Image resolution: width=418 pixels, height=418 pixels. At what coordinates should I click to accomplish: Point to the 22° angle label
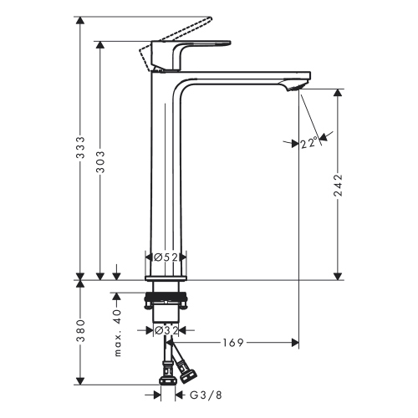click(x=309, y=143)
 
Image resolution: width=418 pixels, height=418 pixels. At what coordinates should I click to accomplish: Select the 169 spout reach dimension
click(x=235, y=342)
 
